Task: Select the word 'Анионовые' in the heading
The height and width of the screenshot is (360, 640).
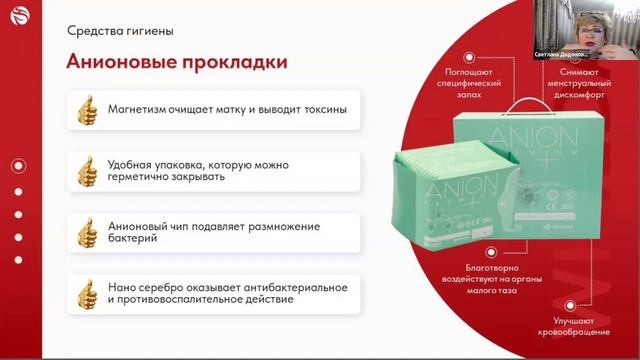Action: click(x=119, y=62)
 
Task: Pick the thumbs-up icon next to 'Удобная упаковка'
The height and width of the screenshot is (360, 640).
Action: click(x=88, y=169)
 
